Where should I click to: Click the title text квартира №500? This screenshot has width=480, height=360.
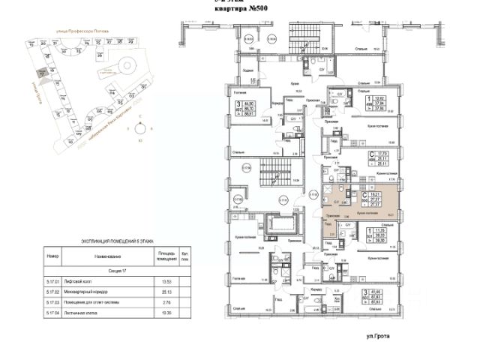point(238,9)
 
